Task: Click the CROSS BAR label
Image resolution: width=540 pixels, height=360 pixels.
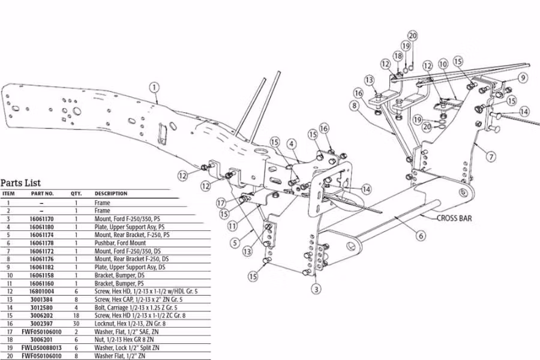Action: coord(454,218)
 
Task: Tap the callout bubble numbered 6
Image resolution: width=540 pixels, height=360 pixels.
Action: coord(421,236)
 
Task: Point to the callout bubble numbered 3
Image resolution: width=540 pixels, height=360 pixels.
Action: coord(316,289)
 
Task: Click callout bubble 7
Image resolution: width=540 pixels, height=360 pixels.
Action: coord(491,157)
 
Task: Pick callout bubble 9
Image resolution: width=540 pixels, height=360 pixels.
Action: coord(523,77)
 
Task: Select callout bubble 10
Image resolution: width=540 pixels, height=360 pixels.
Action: coord(443,64)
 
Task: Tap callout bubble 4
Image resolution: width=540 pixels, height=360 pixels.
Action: coord(291,144)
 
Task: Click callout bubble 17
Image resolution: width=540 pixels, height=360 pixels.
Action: coord(221,203)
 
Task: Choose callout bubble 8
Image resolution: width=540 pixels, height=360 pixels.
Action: coord(355,106)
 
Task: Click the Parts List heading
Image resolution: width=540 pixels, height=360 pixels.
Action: coord(20,183)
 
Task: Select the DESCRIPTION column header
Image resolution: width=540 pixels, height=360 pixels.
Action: coord(111,194)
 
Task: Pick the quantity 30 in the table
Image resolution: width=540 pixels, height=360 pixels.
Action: coord(76,323)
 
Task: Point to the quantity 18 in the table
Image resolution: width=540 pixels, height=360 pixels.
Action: coord(76,315)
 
